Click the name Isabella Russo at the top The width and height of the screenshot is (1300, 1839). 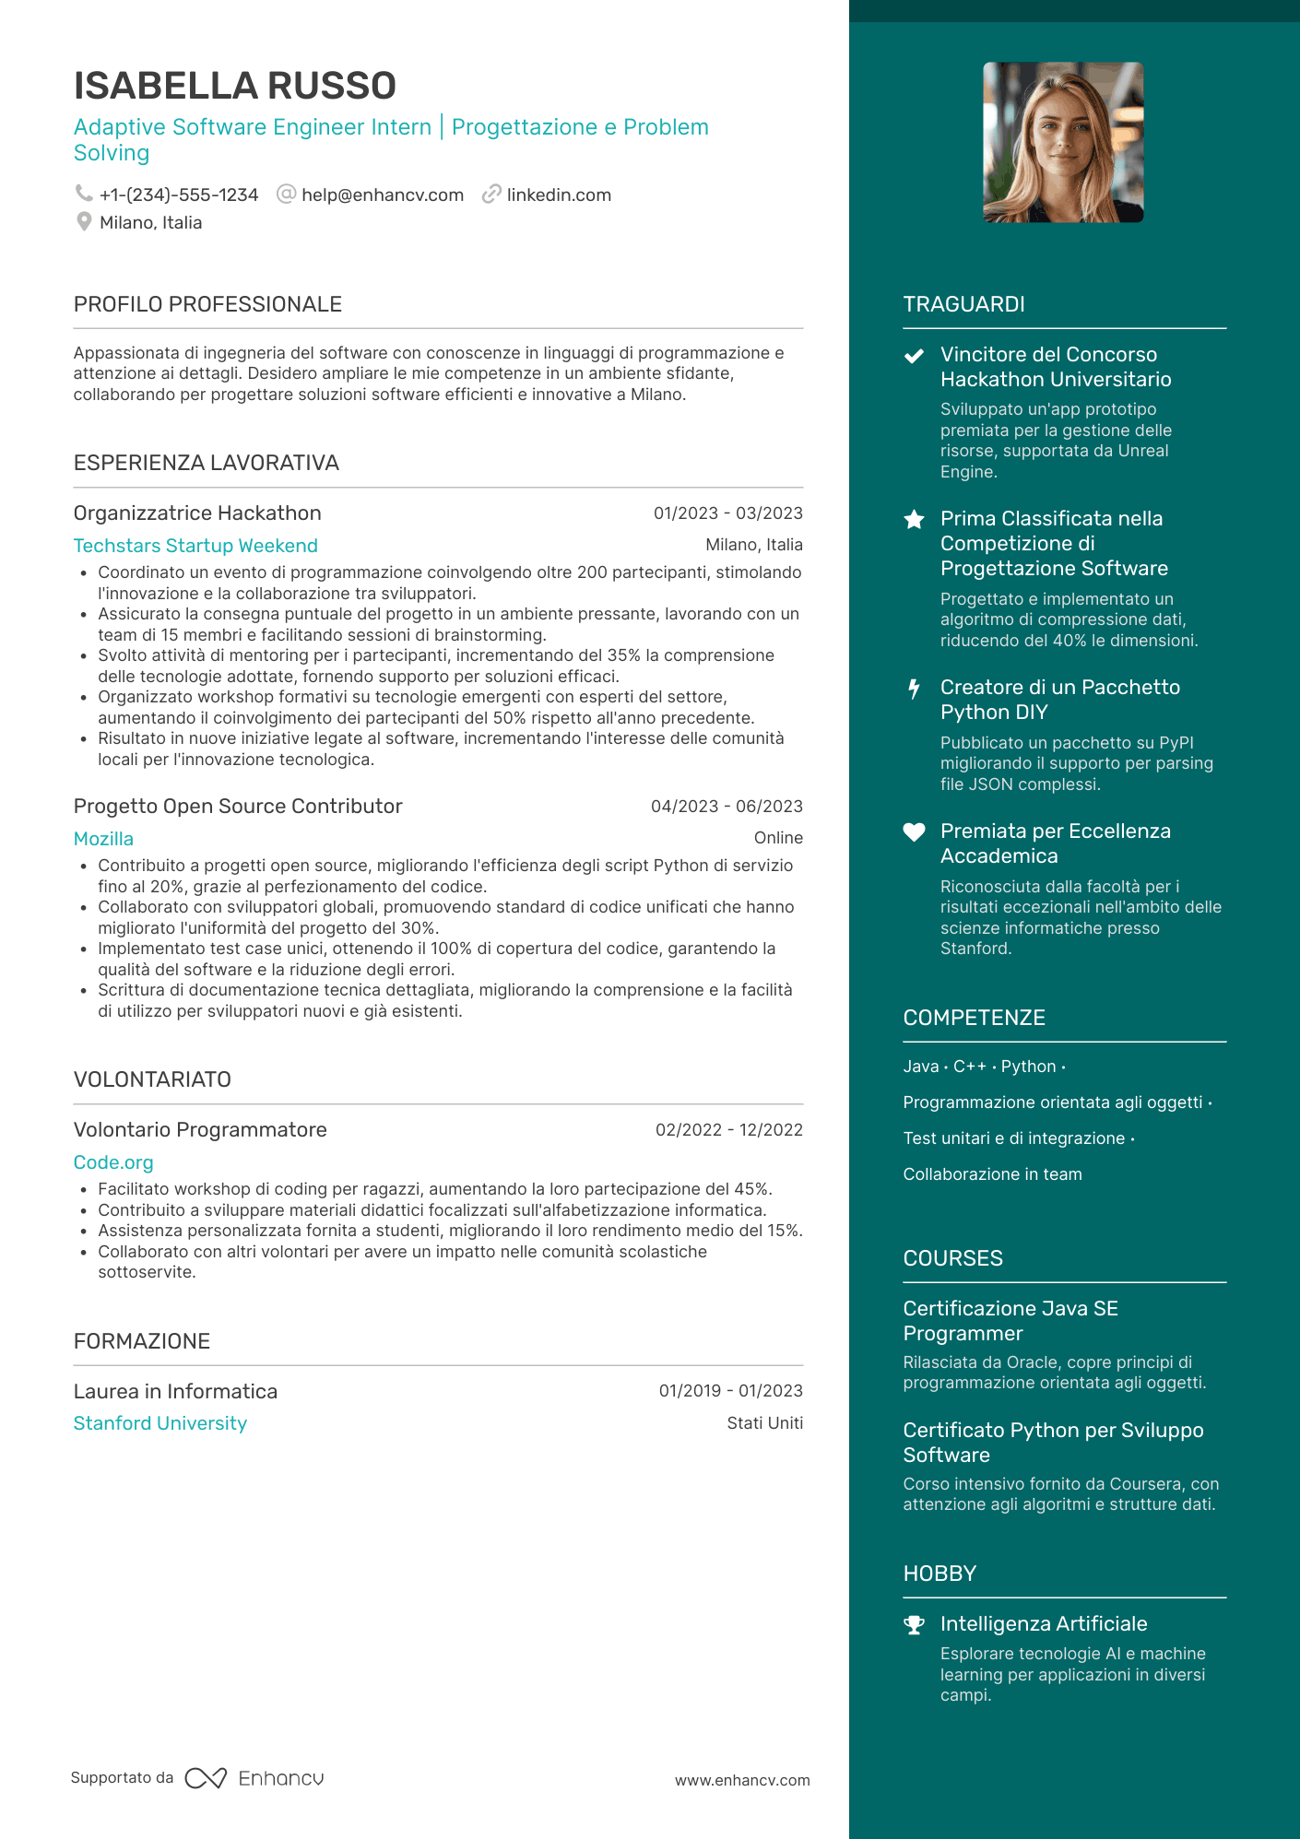[235, 86]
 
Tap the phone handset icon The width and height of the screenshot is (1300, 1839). [84, 194]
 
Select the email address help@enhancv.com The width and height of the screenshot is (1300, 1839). [382, 195]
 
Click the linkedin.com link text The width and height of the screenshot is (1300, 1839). [559, 195]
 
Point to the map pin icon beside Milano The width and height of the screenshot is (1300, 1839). [84, 222]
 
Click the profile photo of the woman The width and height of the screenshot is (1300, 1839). [1063, 143]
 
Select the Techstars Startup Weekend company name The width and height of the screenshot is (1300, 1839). [195, 546]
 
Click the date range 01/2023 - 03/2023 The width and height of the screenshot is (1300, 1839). [727, 513]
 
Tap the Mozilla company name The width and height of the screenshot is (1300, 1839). [103, 839]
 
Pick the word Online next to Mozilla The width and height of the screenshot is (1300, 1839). [778, 838]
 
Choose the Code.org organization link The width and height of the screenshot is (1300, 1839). [113, 1162]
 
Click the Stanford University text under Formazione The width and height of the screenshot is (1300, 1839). [160, 1423]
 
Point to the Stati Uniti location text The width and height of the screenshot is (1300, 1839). [764, 1423]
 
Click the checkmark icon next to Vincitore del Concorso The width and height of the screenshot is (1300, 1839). [914, 356]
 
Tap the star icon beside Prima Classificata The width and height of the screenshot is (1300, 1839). [914, 520]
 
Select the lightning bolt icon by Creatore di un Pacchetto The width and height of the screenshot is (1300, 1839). [914, 689]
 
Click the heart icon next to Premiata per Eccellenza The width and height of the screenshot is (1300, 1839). [914, 832]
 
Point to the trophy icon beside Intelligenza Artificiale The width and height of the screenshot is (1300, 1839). [914, 1625]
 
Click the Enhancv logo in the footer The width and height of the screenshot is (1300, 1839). [254, 1778]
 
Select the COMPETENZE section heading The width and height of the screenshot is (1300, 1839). [974, 1018]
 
